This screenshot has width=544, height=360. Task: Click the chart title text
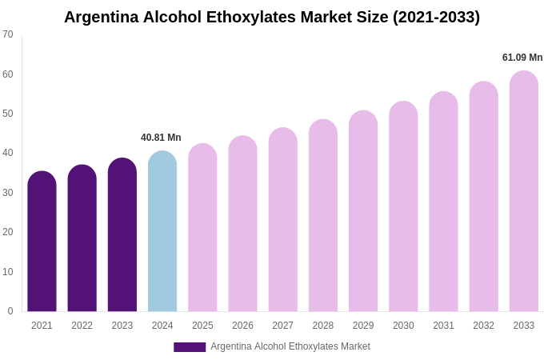[x=272, y=17]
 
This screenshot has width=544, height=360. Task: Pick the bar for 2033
[x=524, y=191]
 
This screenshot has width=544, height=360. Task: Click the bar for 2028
[x=323, y=215]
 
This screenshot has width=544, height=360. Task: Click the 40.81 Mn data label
[x=161, y=138]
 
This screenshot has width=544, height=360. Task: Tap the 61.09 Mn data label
[x=522, y=58]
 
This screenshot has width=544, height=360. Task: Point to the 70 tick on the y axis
[x=8, y=34]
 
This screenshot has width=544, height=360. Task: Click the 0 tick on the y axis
[x=10, y=311]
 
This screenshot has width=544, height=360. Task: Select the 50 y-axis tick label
[x=8, y=114]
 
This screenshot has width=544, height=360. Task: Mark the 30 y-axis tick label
[x=8, y=193]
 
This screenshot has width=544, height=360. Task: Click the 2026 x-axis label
[x=242, y=326]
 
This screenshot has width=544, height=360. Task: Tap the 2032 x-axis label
[x=483, y=326]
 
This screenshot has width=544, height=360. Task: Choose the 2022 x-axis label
[x=82, y=326]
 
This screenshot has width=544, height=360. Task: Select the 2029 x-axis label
[x=363, y=326]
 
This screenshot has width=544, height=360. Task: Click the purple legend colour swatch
[x=190, y=347]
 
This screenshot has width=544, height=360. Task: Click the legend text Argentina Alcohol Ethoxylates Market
[x=290, y=346]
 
